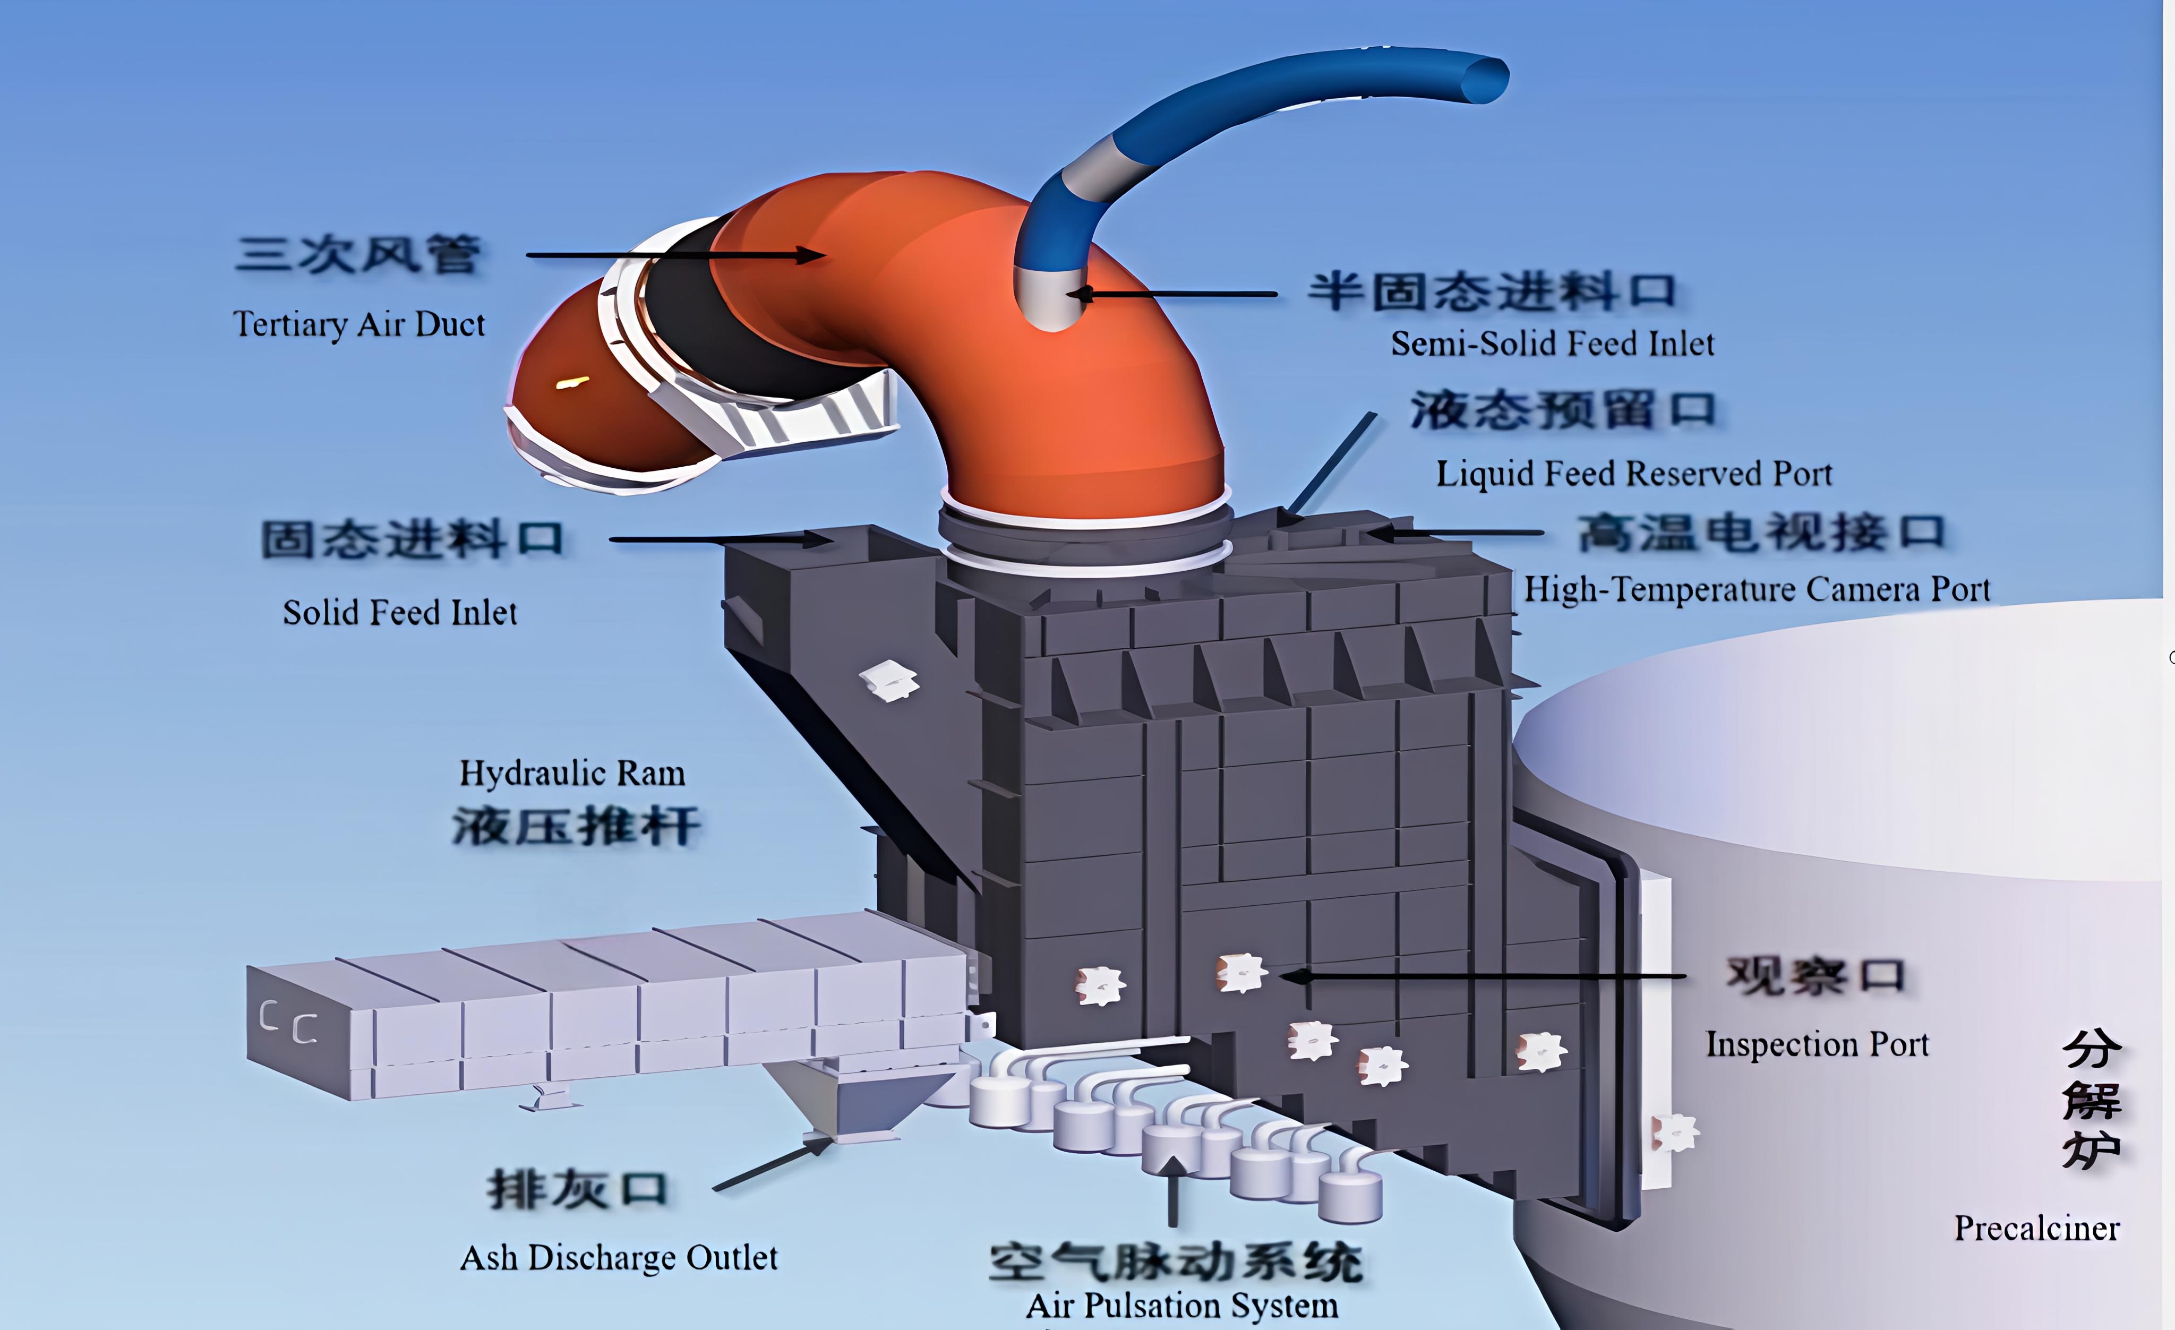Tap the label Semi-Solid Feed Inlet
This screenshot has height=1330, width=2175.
point(1552,344)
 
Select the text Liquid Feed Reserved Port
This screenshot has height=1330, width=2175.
point(1634,474)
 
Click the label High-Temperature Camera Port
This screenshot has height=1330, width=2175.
point(1757,589)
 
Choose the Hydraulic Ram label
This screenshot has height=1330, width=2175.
point(572,773)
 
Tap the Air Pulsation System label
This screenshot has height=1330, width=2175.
point(1182,1305)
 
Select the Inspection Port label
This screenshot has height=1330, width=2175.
point(1817,1044)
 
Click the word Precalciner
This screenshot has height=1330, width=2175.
point(2036,1228)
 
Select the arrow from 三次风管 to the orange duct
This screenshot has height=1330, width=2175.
point(675,255)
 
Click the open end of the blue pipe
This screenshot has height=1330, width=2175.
point(1483,80)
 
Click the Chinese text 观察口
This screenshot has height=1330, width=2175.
point(1815,976)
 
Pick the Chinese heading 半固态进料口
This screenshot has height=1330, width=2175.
point(1492,291)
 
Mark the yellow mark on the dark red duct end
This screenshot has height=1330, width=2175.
point(572,383)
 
